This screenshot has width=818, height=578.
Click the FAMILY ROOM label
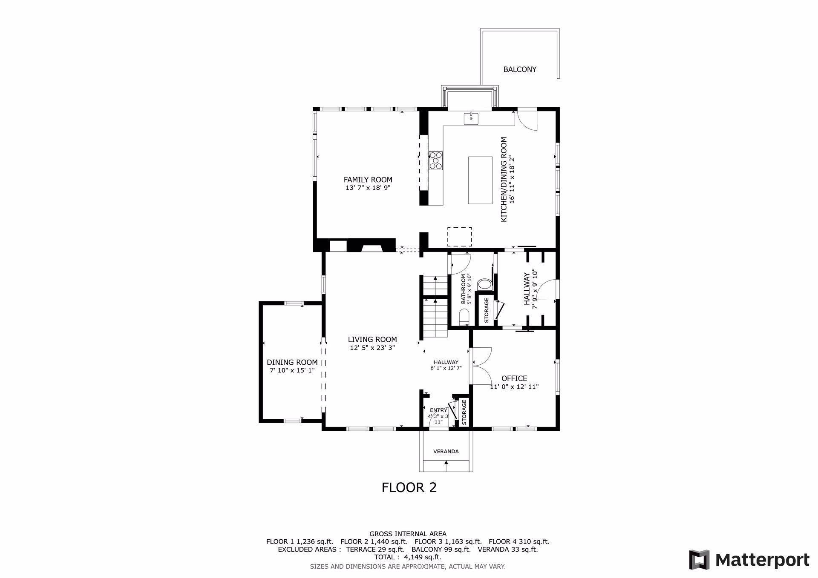(x=368, y=180)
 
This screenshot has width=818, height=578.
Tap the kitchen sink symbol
(x=471, y=118)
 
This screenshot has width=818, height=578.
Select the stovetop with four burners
(x=436, y=161)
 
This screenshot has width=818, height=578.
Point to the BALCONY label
(x=520, y=69)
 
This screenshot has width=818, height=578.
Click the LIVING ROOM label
(x=372, y=339)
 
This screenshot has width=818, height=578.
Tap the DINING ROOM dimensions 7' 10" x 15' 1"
(x=292, y=370)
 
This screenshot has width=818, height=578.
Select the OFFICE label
(x=514, y=378)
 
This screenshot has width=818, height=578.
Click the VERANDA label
(x=446, y=451)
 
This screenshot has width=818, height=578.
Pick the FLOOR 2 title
(x=409, y=487)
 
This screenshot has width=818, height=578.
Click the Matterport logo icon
(x=699, y=560)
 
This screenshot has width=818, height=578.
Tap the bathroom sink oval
(x=484, y=284)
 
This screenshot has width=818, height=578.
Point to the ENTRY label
(x=438, y=410)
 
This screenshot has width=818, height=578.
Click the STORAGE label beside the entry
(x=464, y=412)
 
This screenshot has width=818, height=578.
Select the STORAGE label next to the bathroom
(x=487, y=310)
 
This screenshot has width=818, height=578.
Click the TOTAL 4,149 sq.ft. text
(x=408, y=557)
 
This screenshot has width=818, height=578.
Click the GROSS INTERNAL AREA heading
(x=408, y=534)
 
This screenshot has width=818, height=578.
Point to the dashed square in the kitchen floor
(x=460, y=237)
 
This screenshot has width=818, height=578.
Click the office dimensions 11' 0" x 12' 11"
(x=514, y=387)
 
